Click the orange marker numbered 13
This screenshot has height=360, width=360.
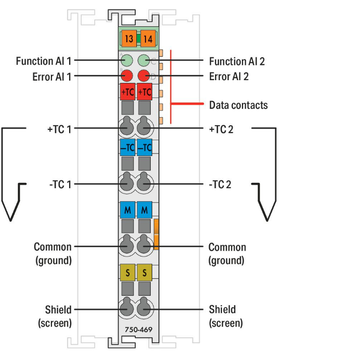[128, 39]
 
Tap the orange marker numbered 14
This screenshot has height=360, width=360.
[147, 39]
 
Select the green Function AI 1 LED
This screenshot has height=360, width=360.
[127, 60]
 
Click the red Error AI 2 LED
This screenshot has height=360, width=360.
[144, 75]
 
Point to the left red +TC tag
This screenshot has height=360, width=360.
[127, 91]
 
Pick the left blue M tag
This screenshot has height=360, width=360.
[127, 210]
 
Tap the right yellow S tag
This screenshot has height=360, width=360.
[144, 273]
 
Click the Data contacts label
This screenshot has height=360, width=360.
[238, 105]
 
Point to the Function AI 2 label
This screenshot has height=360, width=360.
[237, 61]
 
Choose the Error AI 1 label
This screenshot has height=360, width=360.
[52, 76]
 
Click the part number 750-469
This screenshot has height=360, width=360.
[136, 331]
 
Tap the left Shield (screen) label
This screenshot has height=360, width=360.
[55, 316]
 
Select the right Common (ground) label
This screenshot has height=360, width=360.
[227, 254]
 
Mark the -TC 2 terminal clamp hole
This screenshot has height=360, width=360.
[144, 184]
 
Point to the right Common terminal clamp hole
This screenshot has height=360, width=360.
[144, 246]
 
